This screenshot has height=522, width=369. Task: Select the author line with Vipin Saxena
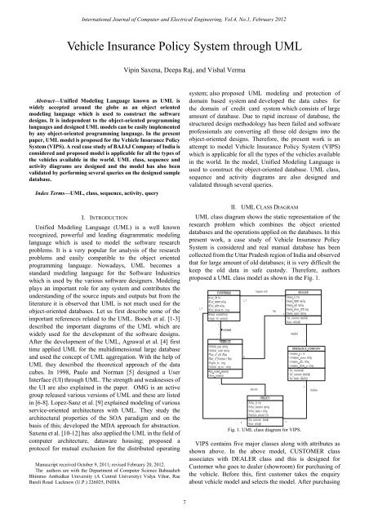(x=184, y=72)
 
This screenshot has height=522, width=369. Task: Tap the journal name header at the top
(x=184, y=9)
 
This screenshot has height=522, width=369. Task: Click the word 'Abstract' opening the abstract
(x=38, y=95)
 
